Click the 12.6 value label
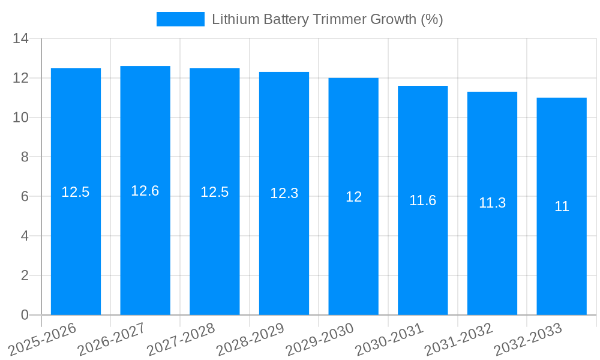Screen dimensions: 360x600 click(x=145, y=191)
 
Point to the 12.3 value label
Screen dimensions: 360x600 click(x=284, y=193)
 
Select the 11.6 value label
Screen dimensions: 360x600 click(x=423, y=200)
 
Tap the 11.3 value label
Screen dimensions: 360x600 click(x=492, y=203)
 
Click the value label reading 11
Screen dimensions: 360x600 click(x=562, y=206)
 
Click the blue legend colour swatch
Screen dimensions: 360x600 click(x=180, y=19)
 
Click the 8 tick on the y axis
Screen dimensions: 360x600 click(x=25, y=157)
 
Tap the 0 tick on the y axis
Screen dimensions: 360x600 click(x=25, y=315)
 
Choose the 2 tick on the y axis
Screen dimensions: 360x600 click(x=25, y=275)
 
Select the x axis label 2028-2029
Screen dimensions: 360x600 click(x=250, y=340)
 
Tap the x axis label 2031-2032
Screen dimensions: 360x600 click(x=458, y=340)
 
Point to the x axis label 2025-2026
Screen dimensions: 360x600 click(x=42, y=340)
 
